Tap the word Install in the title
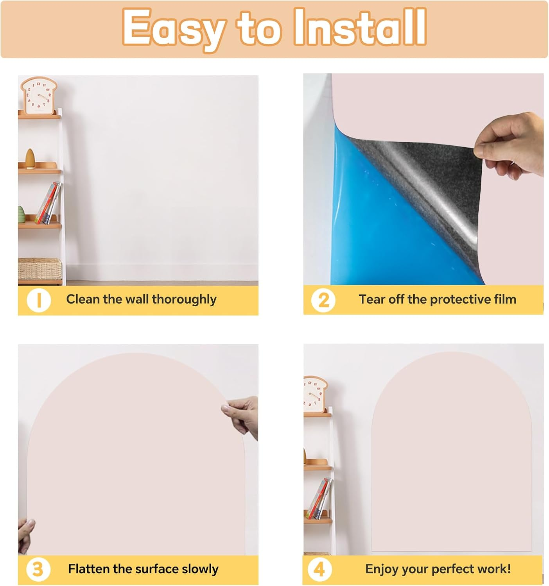[x=360, y=27]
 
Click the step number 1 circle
[x=38, y=300]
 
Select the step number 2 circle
[x=323, y=300]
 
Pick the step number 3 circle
[x=38, y=570]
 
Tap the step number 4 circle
[x=319, y=570]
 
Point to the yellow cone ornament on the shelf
[x=30, y=159]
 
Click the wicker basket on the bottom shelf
[x=39, y=269]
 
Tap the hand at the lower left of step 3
[x=25, y=535]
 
